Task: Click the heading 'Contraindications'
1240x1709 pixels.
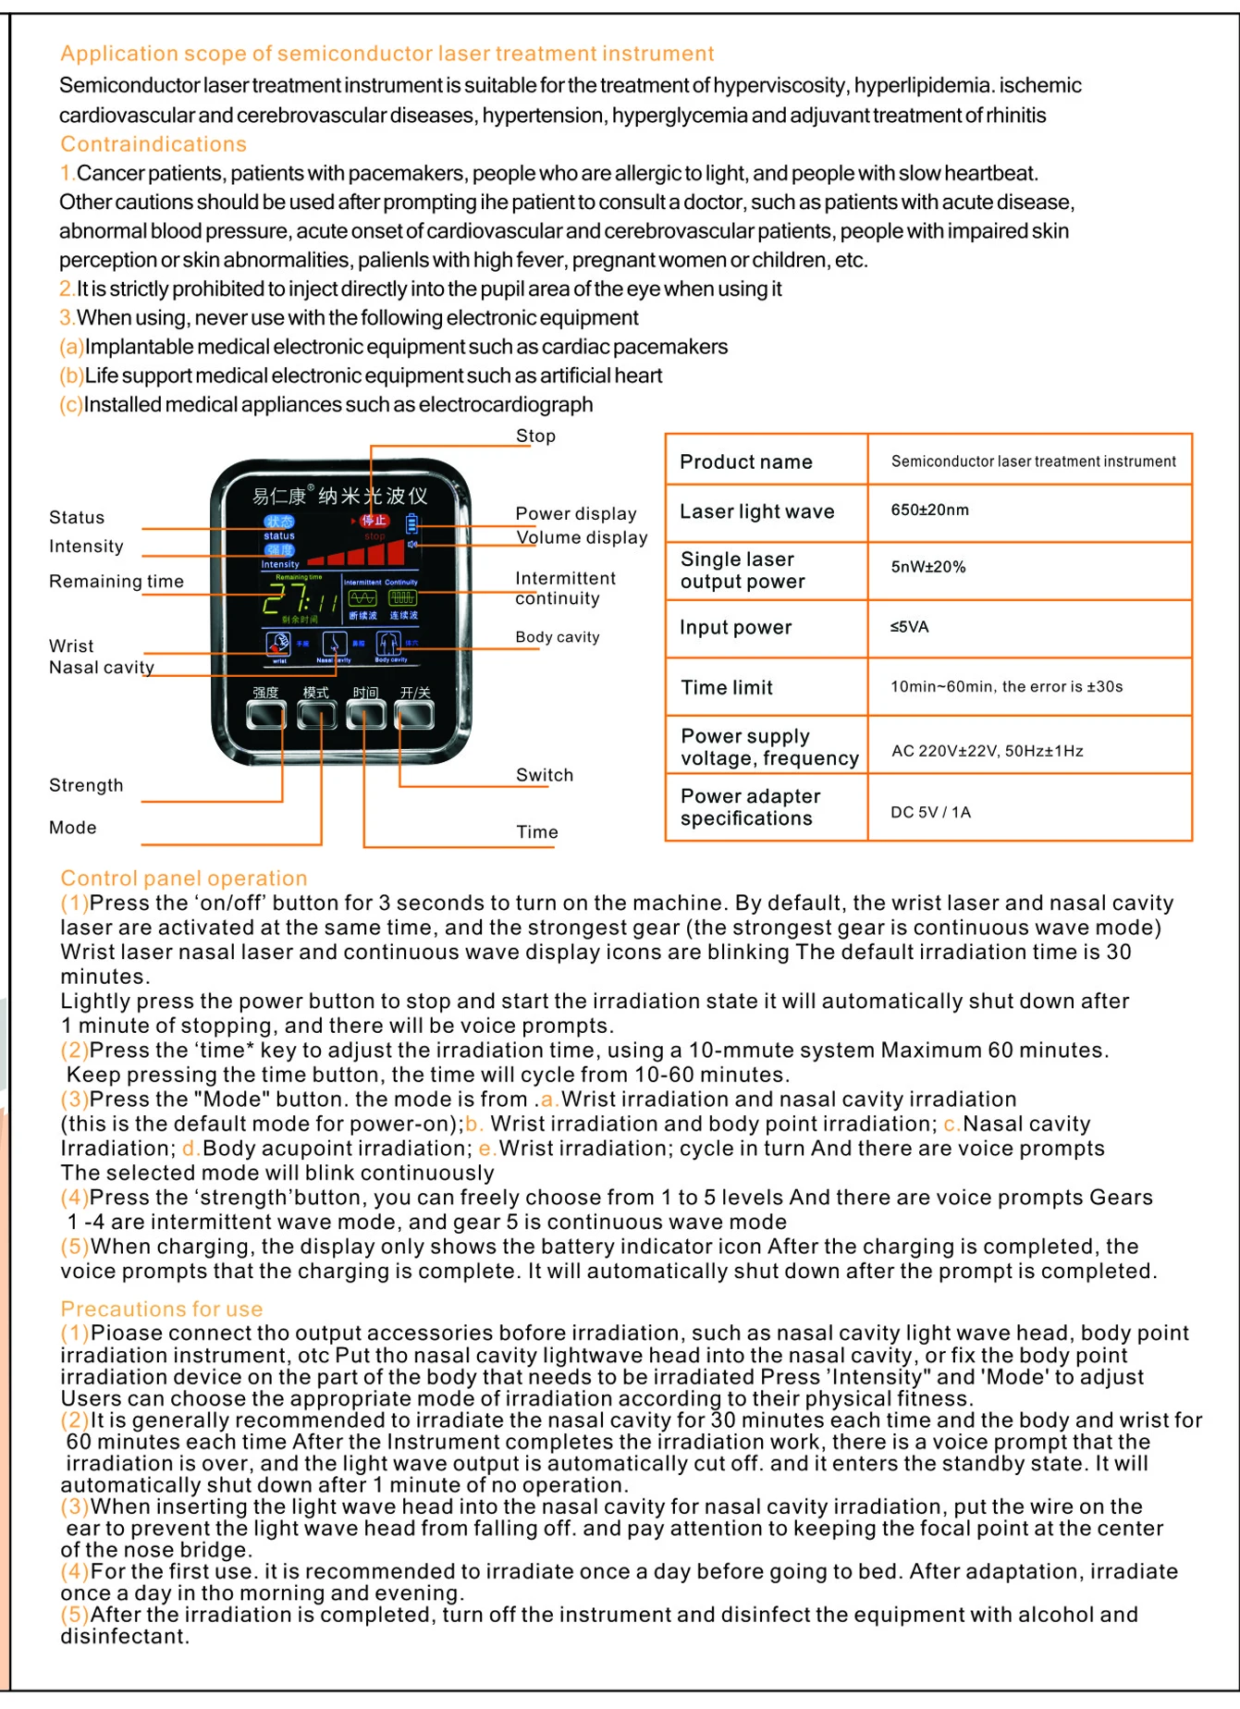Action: [153, 144]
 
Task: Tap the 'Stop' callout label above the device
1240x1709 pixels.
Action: [535, 436]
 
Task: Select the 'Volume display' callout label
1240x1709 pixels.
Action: [582, 537]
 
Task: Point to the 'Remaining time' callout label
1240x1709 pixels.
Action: [117, 581]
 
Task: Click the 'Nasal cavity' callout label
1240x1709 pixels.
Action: [102, 667]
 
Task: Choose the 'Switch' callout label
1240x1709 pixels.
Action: [545, 775]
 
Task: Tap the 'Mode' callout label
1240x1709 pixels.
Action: [73, 827]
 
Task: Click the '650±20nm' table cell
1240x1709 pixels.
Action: [930, 510]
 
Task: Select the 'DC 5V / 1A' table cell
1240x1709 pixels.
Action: [931, 812]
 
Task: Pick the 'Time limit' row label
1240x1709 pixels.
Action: [727, 687]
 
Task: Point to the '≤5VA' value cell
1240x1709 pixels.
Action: [910, 626]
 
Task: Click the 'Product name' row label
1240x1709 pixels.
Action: [746, 461]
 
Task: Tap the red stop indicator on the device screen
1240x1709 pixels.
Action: [374, 521]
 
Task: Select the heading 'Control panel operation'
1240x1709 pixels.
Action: [184, 878]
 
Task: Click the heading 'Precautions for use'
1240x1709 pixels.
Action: [162, 1309]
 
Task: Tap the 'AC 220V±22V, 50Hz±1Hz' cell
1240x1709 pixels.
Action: [988, 750]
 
